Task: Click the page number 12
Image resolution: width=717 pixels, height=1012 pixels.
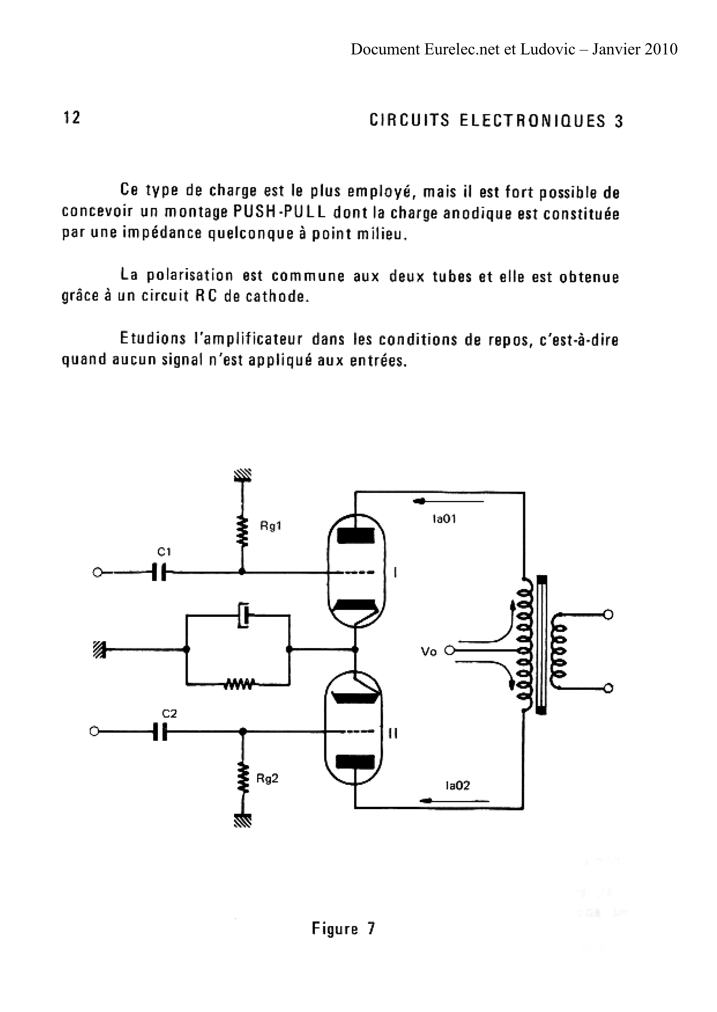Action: point(71,118)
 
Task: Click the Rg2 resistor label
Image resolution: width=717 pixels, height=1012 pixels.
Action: point(267,779)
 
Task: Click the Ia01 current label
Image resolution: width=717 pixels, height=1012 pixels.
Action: point(444,519)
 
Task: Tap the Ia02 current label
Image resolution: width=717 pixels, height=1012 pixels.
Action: point(458,786)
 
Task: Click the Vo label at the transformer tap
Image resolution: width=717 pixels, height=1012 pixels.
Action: point(429,651)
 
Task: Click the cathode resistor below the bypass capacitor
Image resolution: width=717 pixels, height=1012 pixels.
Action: point(238,685)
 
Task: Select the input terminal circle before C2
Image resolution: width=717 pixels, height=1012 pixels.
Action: point(94,731)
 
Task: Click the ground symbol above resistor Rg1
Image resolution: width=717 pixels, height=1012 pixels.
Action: point(242,476)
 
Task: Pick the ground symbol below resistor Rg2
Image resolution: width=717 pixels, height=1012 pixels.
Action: point(242,820)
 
